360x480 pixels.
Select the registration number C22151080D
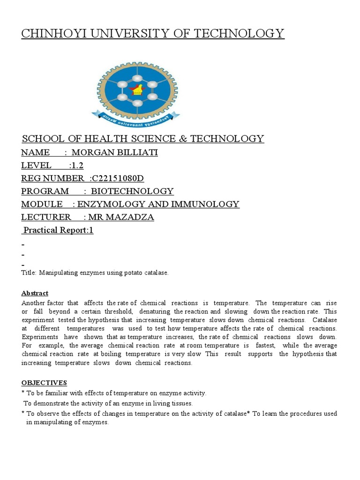[120, 178]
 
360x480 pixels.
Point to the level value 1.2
[77, 165]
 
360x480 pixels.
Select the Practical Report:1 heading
[58, 230]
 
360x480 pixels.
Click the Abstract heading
[35, 293]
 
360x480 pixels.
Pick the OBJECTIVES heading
[44, 383]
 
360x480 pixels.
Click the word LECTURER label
[46, 217]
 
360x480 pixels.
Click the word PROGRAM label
[45, 191]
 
